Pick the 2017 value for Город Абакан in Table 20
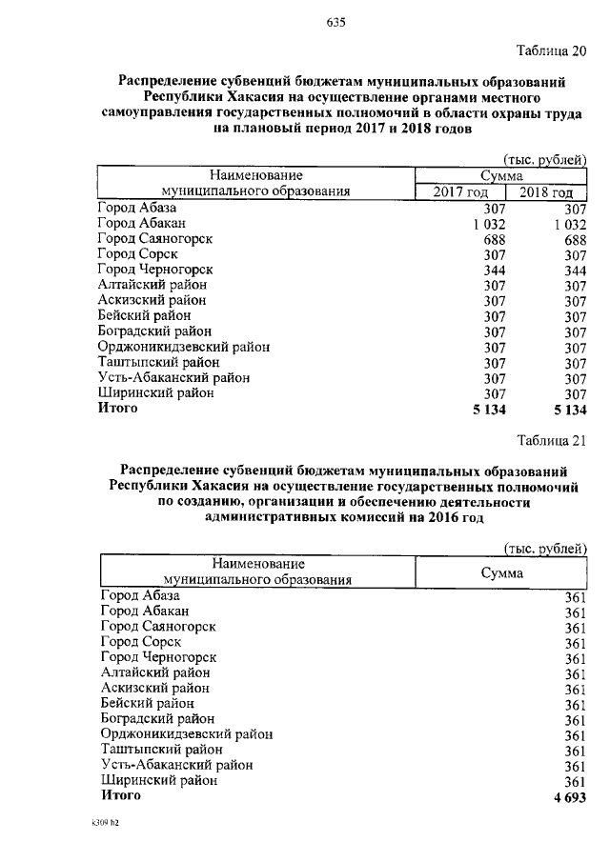coord(486,223)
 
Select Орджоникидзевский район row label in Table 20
coord(183,347)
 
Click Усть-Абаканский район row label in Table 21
coord(176,765)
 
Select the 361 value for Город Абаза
coord(575,597)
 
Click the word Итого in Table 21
coord(120,794)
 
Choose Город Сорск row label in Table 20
coord(138,253)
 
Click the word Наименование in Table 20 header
coord(256,175)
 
